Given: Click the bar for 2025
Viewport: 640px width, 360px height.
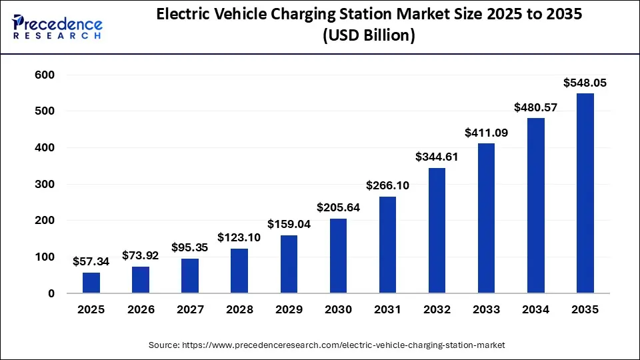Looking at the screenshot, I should tap(91, 283).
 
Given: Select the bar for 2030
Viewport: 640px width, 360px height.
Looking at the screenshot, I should tap(338, 256).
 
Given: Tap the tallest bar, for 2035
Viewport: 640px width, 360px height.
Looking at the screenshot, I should tap(585, 193).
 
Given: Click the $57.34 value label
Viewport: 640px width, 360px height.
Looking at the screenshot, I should tap(91, 261).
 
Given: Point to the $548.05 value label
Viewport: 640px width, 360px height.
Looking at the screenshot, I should tap(585, 83).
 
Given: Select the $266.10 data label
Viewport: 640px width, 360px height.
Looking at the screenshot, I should tap(387, 185).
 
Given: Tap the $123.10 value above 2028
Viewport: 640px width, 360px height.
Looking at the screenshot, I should tap(239, 237).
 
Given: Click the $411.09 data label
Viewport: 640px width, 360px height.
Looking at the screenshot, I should tap(486, 133).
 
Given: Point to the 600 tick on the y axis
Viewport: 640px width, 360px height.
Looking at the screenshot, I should tap(44, 75).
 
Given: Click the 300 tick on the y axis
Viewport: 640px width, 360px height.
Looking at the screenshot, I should tap(44, 184).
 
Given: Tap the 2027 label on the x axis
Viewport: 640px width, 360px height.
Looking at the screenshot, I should tap(190, 309).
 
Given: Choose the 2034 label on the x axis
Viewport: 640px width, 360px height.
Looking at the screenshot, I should tap(535, 309).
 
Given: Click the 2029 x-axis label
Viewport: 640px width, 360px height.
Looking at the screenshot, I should tap(289, 309).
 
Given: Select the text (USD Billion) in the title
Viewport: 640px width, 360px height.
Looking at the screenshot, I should tap(369, 36).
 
